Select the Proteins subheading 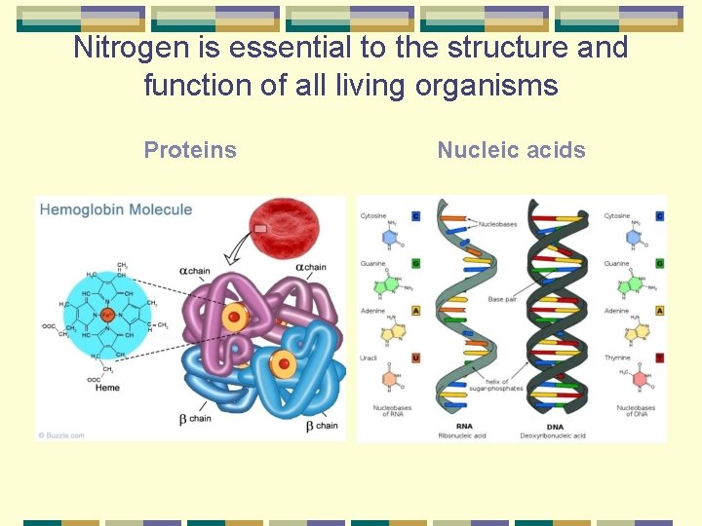click(x=190, y=150)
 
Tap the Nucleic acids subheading click(x=511, y=150)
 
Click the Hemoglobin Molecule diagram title click(x=116, y=209)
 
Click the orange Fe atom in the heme click(x=107, y=316)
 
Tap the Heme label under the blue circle click(x=107, y=388)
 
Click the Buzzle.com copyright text click(x=61, y=435)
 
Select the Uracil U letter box click(x=416, y=357)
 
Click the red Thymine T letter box click(x=660, y=357)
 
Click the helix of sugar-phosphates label click(x=497, y=385)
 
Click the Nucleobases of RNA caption click(x=391, y=411)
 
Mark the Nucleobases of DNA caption click(x=636, y=411)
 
